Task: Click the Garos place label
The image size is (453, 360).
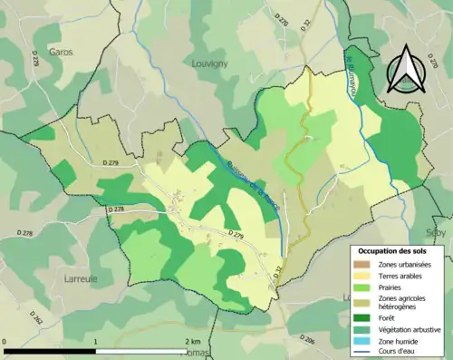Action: pyautogui.click(x=61, y=53)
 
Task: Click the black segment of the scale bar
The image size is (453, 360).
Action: pyautogui.click(x=51, y=350)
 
